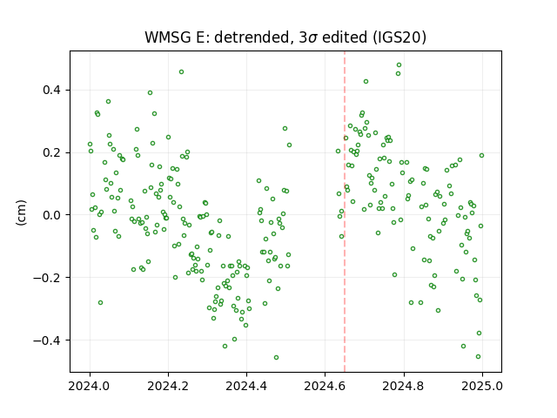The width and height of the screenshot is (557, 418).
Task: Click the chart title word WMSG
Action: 168,37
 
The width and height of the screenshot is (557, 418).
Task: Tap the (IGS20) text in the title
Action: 399,37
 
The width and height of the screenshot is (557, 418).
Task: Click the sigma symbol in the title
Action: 313,38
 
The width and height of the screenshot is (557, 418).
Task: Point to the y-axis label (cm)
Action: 21,212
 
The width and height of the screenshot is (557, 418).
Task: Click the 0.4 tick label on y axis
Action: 52,91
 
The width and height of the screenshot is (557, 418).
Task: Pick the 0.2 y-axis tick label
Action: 52,153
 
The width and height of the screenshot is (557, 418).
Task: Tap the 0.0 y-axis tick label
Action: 52,215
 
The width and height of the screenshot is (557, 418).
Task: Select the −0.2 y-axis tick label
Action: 47,278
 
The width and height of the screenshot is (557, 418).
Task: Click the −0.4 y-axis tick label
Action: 47,340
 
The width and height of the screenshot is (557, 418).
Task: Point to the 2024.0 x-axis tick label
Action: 90,386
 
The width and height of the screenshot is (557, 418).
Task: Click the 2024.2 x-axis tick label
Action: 168,386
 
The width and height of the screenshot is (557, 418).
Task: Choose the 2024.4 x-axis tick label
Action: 246,386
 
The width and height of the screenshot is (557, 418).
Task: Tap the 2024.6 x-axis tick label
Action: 325,386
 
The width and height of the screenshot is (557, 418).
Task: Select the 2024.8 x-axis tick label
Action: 404,386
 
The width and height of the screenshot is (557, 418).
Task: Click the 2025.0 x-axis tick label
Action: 482,386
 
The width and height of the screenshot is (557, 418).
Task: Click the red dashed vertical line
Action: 345,212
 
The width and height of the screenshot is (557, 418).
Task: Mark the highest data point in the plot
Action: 399,65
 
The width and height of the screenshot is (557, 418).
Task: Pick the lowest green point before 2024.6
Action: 276,358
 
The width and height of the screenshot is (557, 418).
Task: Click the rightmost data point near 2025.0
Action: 481,155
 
